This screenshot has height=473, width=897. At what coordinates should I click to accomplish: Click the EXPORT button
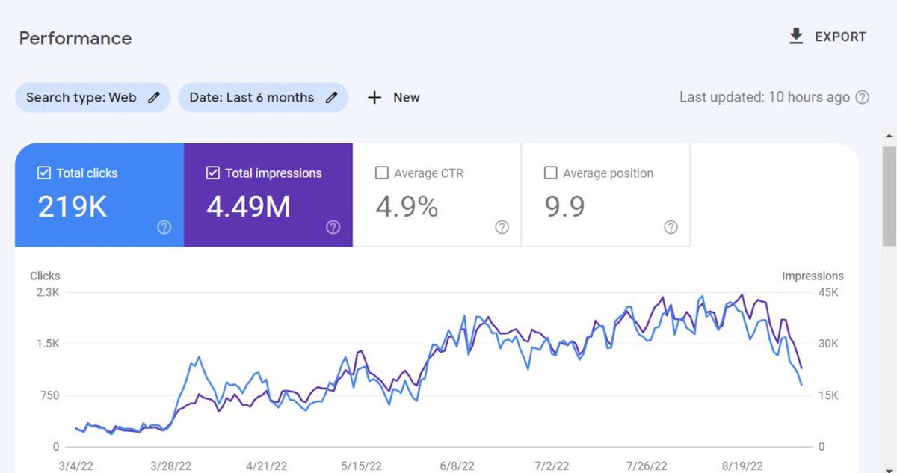[827, 37]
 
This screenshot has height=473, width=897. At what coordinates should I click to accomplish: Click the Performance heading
[75, 38]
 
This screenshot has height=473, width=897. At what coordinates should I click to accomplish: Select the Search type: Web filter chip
[92, 97]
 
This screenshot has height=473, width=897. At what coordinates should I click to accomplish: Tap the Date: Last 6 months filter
[262, 97]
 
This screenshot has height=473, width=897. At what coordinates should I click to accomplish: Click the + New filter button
[393, 97]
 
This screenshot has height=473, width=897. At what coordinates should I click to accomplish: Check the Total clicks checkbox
[43, 173]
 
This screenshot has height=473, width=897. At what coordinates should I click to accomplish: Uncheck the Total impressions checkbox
[212, 173]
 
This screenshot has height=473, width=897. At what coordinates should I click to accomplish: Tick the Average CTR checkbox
[381, 173]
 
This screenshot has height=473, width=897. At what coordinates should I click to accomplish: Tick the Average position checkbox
[550, 173]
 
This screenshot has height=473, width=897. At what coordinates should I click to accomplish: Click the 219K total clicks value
[73, 207]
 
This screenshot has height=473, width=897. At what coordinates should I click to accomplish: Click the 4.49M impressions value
[248, 207]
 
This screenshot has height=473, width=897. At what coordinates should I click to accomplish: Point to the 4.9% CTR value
[407, 207]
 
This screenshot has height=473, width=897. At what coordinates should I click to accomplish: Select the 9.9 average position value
[564, 207]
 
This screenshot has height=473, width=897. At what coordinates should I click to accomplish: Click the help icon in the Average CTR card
[502, 227]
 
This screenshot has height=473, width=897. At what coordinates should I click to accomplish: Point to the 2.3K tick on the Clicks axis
[46, 292]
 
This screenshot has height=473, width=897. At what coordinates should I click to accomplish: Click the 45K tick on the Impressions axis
[827, 292]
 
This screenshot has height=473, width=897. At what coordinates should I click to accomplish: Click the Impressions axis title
[813, 276]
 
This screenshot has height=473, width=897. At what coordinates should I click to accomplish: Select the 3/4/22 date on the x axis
[75, 466]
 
